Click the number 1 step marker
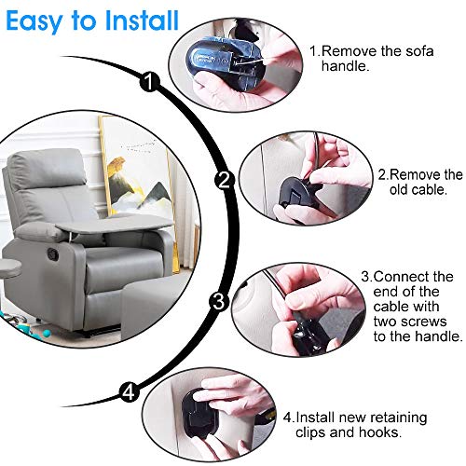[x=150, y=82]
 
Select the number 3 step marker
[x=219, y=301]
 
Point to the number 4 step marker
[x=129, y=392]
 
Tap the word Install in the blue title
[x=142, y=21]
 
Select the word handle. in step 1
[x=345, y=66]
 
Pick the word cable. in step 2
[x=418, y=189]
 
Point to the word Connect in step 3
[x=400, y=277]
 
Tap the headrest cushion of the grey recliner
[x=48, y=168]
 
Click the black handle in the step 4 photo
[x=199, y=412]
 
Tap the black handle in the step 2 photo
[x=295, y=193]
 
